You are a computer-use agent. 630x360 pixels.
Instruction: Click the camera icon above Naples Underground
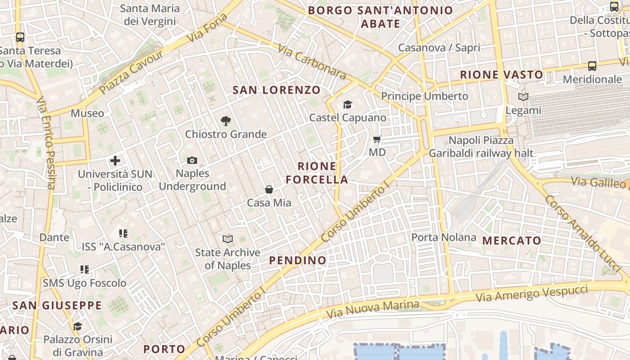pos(192,160)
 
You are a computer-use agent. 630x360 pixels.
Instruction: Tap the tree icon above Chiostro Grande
pos(226,121)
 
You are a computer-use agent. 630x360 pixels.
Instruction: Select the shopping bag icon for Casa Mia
pos(269,189)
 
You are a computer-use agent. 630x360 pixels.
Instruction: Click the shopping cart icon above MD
pos(377,139)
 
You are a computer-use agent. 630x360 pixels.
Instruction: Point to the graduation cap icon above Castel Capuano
pos(347,105)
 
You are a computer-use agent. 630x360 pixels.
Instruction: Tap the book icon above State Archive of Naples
pos(228,239)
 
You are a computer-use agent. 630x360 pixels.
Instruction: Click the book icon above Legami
pos(523,97)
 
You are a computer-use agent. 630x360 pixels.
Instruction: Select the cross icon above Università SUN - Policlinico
pos(115,160)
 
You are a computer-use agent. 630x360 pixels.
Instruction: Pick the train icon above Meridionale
pos(592,66)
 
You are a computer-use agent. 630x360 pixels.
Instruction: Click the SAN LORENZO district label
pos(276,90)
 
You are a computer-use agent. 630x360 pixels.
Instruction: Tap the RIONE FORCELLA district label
pos(317,173)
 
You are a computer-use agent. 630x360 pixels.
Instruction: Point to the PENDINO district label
pos(297,261)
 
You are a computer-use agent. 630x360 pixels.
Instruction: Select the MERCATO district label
pos(512,241)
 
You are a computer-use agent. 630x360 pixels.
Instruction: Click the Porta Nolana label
pos(444,237)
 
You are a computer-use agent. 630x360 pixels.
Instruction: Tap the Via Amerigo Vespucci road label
pos(532,293)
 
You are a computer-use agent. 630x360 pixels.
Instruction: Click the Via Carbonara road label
pos(311,62)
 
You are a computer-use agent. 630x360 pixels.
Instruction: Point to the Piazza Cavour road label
pos(131,72)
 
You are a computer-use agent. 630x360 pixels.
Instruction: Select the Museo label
pos(87,113)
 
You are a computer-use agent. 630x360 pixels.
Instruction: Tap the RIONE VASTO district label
pos(501,75)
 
